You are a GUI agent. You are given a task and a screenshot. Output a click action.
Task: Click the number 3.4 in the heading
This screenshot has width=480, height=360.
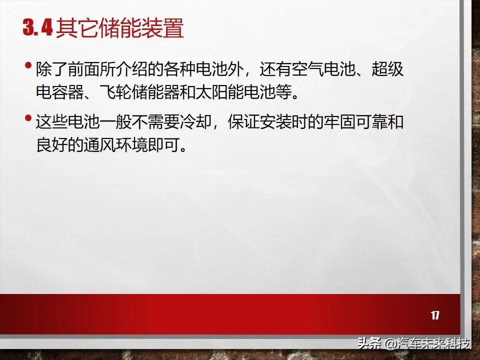pyautogui.click(x=38, y=28)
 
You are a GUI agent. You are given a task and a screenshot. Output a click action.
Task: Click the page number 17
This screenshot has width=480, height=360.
pyautogui.click(x=435, y=315)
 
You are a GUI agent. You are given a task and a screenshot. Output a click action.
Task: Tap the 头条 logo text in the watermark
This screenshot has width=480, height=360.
pyautogui.click(x=369, y=344)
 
